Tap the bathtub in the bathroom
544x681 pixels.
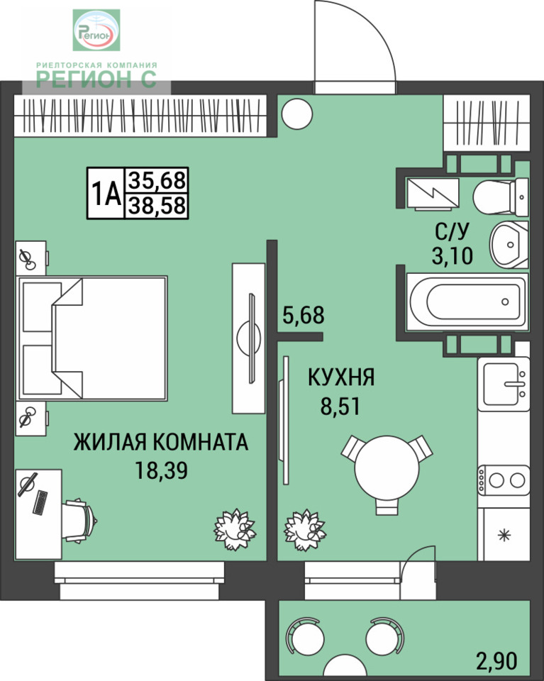tap(467, 301)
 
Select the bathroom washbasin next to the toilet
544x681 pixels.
tap(509, 245)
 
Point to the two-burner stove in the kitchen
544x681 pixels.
tap(504, 480)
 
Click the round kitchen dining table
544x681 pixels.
tap(387, 469)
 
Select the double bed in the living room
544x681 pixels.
tap(92, 338)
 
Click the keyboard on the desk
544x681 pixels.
tap(40, 502)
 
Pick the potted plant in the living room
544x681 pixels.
tap(235, 529)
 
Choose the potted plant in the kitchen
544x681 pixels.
tap(305, 529)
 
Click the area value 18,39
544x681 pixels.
tap(161, 470)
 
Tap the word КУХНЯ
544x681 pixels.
tap(341, 377)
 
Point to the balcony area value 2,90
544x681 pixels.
tap(496, 661)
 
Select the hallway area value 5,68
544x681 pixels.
tap(304, 315)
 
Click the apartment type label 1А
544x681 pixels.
tap(106, 194)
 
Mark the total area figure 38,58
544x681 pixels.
tap(157, 206)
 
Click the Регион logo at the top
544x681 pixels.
tap(96, 30)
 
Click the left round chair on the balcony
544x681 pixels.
tap(305, 636)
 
